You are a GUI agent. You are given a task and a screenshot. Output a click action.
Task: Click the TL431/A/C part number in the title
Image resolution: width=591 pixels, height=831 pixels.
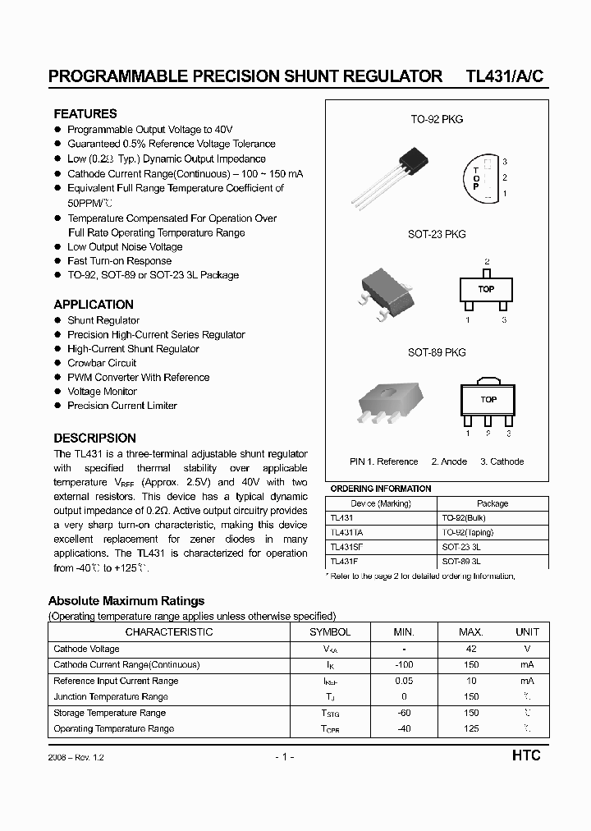(504, 76)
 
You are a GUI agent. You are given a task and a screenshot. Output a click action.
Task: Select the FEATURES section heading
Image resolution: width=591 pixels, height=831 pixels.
(85, 114)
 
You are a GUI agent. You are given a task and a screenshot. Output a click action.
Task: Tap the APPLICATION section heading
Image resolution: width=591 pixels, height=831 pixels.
(94, 305)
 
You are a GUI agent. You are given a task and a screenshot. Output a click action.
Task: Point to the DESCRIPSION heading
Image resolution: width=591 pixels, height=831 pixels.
(94, 438)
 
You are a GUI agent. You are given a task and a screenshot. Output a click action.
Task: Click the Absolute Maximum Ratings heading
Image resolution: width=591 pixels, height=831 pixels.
(126, 601)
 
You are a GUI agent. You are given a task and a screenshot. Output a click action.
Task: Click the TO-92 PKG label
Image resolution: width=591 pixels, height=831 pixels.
(437, 120)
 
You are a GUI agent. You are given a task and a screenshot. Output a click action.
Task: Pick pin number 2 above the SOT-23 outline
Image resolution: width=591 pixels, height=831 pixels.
(487, 261)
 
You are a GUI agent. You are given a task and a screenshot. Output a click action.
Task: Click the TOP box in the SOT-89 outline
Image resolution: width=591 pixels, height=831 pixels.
(488, 400)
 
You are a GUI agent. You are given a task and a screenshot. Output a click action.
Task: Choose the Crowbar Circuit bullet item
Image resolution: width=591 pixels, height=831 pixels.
(102, 363)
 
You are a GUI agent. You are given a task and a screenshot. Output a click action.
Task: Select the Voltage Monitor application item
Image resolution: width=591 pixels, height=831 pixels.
(102, 392)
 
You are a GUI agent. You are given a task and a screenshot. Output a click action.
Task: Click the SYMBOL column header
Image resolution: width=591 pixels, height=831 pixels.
(330, 632)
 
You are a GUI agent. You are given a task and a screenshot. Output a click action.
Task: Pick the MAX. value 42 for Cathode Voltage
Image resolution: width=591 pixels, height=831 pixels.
(471, 649)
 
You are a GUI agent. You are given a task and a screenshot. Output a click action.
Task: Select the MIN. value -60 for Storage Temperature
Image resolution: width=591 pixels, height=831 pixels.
(404, 713)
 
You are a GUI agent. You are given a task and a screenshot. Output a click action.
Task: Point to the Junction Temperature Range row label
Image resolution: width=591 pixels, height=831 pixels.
(110, 696)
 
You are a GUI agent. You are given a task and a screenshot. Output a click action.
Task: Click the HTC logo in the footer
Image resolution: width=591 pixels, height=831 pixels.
(525, 755)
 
